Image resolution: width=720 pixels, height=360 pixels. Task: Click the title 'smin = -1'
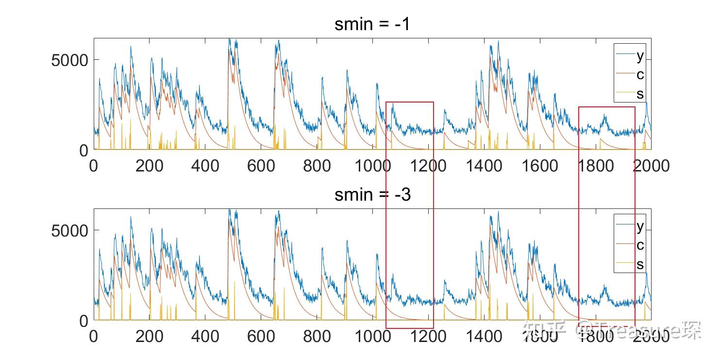coord(372,24)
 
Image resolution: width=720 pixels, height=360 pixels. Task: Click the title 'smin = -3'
coord(372,194)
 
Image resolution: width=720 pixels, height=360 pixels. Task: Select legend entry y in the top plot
coord(640,56)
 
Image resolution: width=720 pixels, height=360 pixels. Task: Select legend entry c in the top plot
coord(640,75)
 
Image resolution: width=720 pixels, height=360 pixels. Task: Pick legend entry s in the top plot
coord(640,93)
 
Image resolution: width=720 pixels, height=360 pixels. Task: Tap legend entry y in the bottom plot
coord(640,226)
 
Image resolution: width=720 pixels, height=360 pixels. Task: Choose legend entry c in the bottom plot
coord(640,245)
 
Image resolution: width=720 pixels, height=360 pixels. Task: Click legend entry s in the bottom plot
coord(640,264)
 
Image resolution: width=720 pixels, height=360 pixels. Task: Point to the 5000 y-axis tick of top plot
coord(69,60)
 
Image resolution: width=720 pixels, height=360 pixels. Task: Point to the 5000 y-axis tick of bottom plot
coord(69,230)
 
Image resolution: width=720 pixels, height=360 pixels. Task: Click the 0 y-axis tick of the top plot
coord(83,151)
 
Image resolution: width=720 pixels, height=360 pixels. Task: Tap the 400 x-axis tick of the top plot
coord(205,166)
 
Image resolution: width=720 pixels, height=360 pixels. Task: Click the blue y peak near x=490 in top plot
coord(229,40)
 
